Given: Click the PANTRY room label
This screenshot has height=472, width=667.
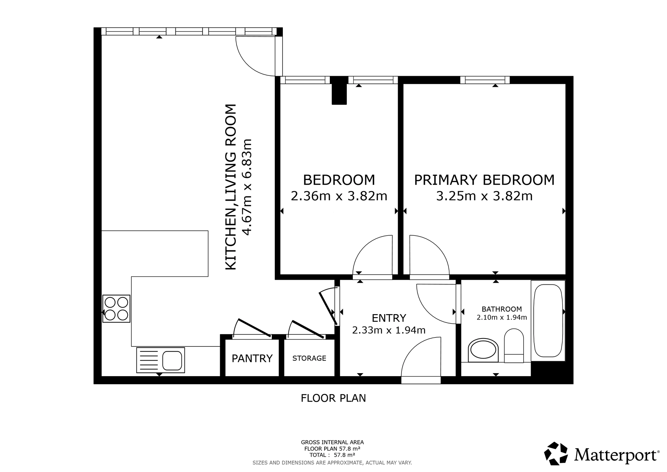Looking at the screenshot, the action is coord(252,359).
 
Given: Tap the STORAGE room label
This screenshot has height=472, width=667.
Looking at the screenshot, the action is coord(309,358).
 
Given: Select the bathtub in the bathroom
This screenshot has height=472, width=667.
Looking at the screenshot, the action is coord(548,320).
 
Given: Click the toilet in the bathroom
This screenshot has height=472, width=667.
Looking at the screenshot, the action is coord(514,346).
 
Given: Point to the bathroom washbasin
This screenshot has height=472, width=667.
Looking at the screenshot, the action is coord(483,350).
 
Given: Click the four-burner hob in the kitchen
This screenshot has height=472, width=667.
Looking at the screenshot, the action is coord(116,308).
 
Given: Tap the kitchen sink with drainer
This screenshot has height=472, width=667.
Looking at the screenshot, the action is coord(160,360).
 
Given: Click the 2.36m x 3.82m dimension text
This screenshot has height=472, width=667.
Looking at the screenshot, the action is coord(339,196).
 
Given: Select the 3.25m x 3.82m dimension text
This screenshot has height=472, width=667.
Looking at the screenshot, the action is coord(484,196).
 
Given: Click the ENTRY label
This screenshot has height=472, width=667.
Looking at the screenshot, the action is coord(389,318).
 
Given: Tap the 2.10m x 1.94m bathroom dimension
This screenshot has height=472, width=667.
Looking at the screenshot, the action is coord(502,317).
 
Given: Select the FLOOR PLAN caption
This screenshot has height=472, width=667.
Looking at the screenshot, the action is coord(333,398).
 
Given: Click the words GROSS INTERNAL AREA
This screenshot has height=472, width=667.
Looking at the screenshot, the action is coord(332,443).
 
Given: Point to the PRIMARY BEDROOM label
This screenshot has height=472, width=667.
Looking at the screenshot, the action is coord(484,180).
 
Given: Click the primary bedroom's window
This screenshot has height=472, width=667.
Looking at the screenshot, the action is coord(485,80).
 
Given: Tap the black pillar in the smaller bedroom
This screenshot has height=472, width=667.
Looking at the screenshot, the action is coord(339,90).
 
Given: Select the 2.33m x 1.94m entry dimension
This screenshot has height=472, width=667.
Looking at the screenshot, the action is coord(389,330).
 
